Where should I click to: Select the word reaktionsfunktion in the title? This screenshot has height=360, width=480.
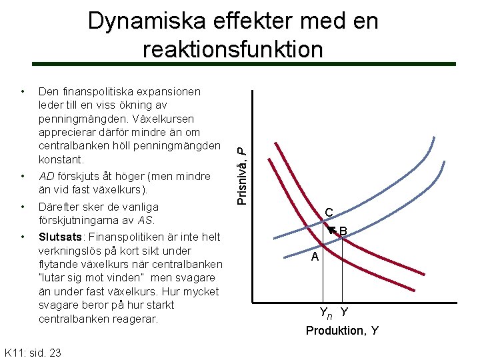tap(233, 49)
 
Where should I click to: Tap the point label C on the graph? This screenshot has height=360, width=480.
tap(329, 213)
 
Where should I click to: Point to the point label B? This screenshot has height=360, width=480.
tap(343, 232)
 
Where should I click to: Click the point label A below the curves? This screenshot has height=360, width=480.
tap(315, 257)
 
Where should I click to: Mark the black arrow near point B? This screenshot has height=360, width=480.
tap(333, 231)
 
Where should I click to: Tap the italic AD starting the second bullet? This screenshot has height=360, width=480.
tap(47, 177)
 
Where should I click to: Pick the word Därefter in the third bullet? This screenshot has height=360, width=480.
tap(61, 207)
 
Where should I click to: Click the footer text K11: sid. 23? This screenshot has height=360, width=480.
tap(33, 351)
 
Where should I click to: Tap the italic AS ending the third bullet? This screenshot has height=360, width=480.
tap(146, 220)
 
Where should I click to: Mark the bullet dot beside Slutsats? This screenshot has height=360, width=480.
tap(23, 237)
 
